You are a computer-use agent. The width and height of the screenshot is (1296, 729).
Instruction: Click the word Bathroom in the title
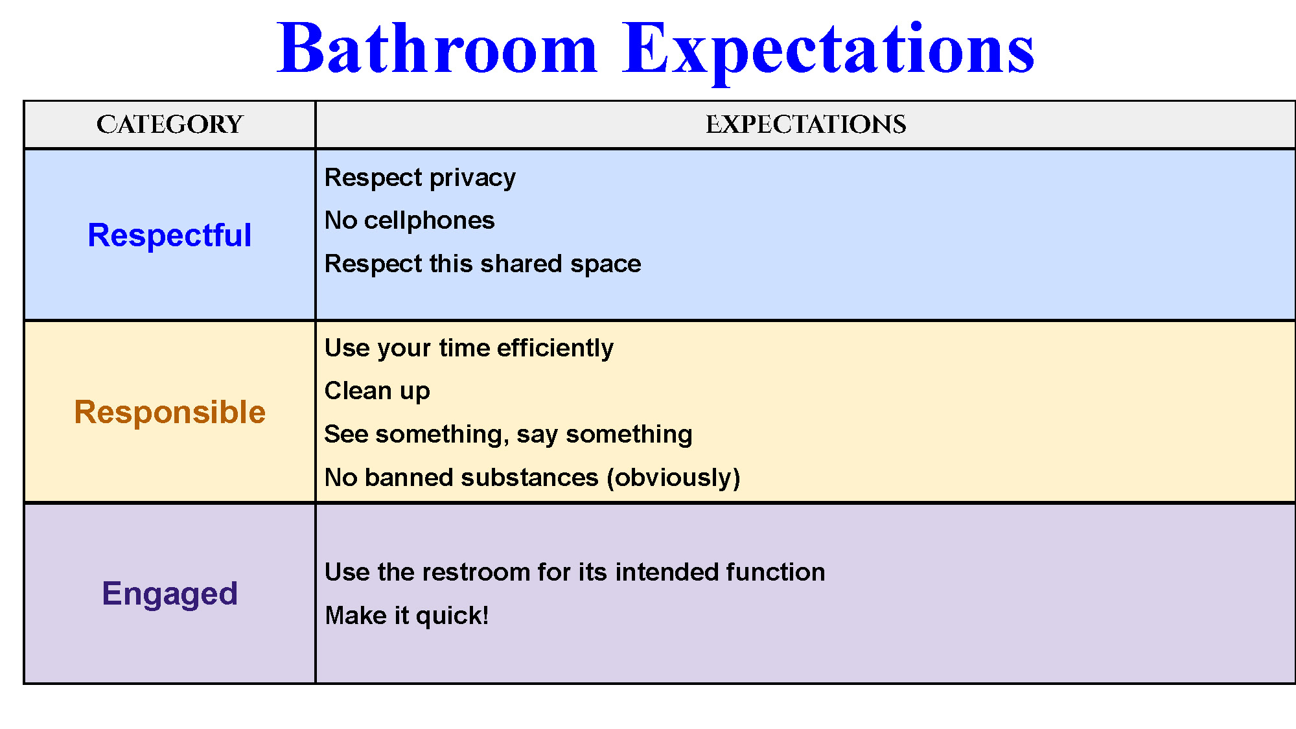click(437, 49)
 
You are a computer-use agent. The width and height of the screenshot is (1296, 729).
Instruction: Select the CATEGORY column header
click(170, 124)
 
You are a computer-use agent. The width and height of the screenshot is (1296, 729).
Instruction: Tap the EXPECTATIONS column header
click(805, 124)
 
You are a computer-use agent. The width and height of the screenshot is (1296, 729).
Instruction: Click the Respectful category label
click(170, 235)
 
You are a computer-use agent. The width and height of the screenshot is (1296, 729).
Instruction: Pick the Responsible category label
click(170, 413)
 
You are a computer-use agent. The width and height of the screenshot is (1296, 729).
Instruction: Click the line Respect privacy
click(420, 178)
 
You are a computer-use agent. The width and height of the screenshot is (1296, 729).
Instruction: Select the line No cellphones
click(410, 220)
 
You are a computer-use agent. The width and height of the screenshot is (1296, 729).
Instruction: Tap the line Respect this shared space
click(483, 264)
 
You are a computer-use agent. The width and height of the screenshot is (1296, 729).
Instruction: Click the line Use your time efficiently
click(469, 349)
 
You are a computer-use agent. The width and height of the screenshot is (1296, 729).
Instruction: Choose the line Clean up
click(377, 391)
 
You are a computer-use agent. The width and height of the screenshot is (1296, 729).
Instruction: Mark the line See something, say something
click(508, 435)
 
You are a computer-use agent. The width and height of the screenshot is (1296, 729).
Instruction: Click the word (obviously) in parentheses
click(673, 478)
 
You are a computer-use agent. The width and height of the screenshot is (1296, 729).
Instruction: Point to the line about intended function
click(575, 572)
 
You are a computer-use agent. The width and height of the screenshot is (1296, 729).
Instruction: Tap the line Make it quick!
click(407, 616)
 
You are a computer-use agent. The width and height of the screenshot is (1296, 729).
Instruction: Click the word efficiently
click(555, 349)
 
